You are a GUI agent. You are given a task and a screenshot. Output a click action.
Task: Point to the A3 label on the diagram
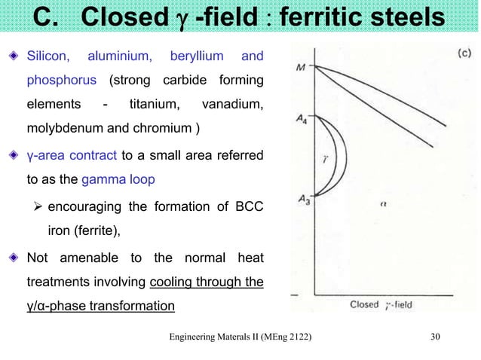click(302, 199)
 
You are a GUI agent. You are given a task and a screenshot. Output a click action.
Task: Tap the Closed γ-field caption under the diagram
click(381, 305)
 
